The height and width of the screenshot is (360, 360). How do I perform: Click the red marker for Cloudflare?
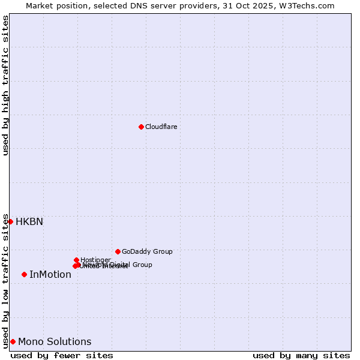point(141,127)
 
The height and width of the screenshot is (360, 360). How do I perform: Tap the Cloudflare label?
point(161,127)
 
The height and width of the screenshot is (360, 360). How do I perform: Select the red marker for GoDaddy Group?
point(118,251)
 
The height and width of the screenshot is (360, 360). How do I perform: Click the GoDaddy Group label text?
point(147,251)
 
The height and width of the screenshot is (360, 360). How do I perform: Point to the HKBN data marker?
point(10,221)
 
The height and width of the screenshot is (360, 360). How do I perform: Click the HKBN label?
point(29,221)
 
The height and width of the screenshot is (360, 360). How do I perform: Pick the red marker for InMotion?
point(24,274)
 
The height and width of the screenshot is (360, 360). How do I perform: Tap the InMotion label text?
point(50,274)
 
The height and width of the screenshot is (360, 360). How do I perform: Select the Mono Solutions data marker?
point(13,341)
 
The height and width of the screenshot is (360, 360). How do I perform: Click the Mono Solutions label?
point(55,341)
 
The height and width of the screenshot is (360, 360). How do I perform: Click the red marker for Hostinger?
point(76,260)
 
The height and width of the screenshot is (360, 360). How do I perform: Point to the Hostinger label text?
point(95,260)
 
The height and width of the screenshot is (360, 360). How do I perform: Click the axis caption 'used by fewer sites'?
point(62,355)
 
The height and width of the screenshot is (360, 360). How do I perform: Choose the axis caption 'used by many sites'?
point(301,355)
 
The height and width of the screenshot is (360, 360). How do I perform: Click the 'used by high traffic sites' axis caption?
point(5,85)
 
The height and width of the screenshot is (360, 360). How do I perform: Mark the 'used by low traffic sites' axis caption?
point(5,281)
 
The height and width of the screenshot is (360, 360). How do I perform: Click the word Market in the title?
point(40,5)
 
